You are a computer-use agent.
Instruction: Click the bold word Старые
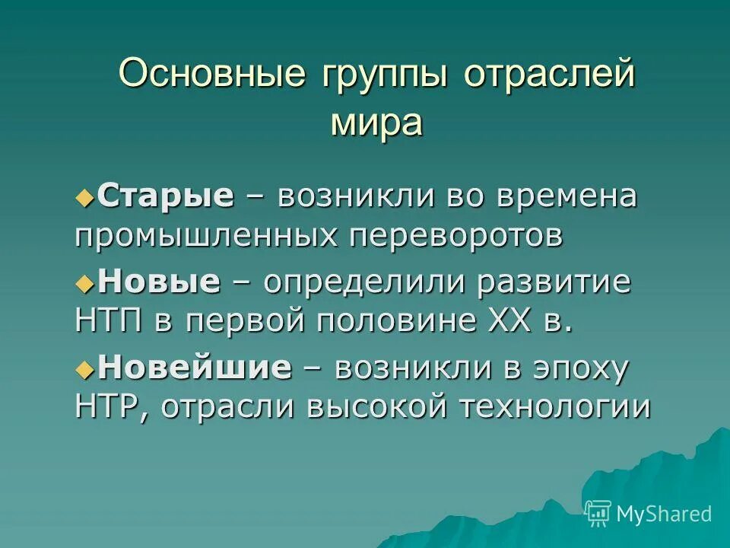pos(166,197)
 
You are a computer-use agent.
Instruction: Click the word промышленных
pos(206,236)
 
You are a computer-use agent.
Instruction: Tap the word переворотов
pos(456,236)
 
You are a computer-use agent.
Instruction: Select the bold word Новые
pos(159,283)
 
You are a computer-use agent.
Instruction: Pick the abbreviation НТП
pos(110,320)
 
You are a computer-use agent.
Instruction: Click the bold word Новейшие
pos(195,368)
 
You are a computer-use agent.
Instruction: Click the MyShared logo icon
pos(598,514)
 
